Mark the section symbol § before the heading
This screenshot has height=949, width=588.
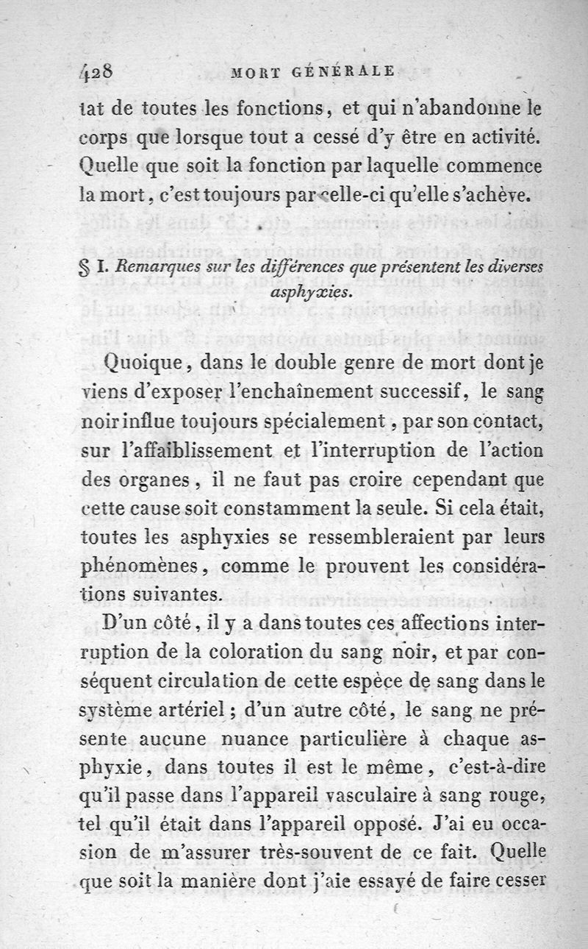coord(82,269)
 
